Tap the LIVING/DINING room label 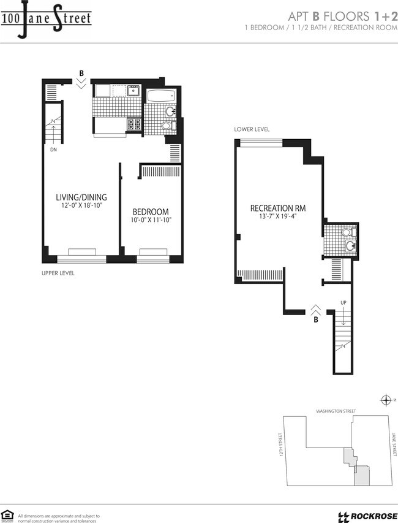click(x=81, y=197)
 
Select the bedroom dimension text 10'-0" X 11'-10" click(x=150, y=220)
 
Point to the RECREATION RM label click(x=278, y=208)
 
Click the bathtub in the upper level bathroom click(x=162, y=96)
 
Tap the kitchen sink click(x=133, y=92)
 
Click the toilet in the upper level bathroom click(x=165, y=126)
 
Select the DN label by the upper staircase click(x=54, y=148)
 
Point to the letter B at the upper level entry click(x=81, y=74)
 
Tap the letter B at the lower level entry click(x=316, y=319)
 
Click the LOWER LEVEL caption click(x=251, y=129)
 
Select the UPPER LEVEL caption click(x=58, y=272)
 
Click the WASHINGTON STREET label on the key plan click(x=336, y=411)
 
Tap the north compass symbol click(x=386, y=400)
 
